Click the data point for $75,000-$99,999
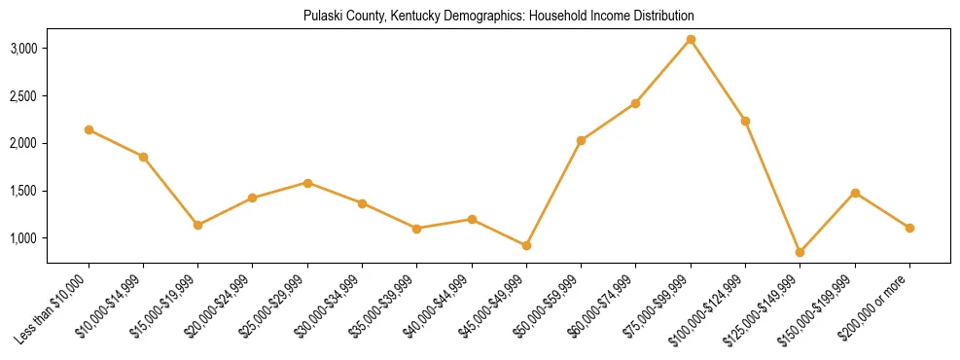691,39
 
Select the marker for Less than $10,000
89,129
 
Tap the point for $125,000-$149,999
800,252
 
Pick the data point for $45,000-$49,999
526,245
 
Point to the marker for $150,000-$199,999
855,193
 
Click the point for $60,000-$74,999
635,103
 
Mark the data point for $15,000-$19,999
197,225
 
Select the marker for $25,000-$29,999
307,183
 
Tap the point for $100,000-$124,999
745,121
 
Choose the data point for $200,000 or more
909,228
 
